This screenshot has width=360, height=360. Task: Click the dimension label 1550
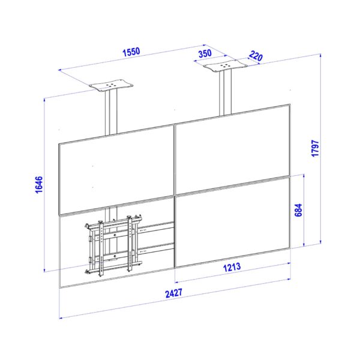point(131,52)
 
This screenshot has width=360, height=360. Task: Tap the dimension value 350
point(205,53)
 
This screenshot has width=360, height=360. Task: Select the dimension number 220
point(256,56)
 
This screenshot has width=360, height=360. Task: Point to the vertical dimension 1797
point(315,148)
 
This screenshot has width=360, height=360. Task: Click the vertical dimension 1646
point(39,185)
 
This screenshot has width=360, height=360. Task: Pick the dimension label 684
point(298,210)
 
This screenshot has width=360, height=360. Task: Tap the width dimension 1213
point(232,267)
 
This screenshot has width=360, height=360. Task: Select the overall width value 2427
point(174,293)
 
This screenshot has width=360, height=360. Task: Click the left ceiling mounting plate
point(111,85)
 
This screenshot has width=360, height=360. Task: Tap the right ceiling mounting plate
point(225,65)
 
